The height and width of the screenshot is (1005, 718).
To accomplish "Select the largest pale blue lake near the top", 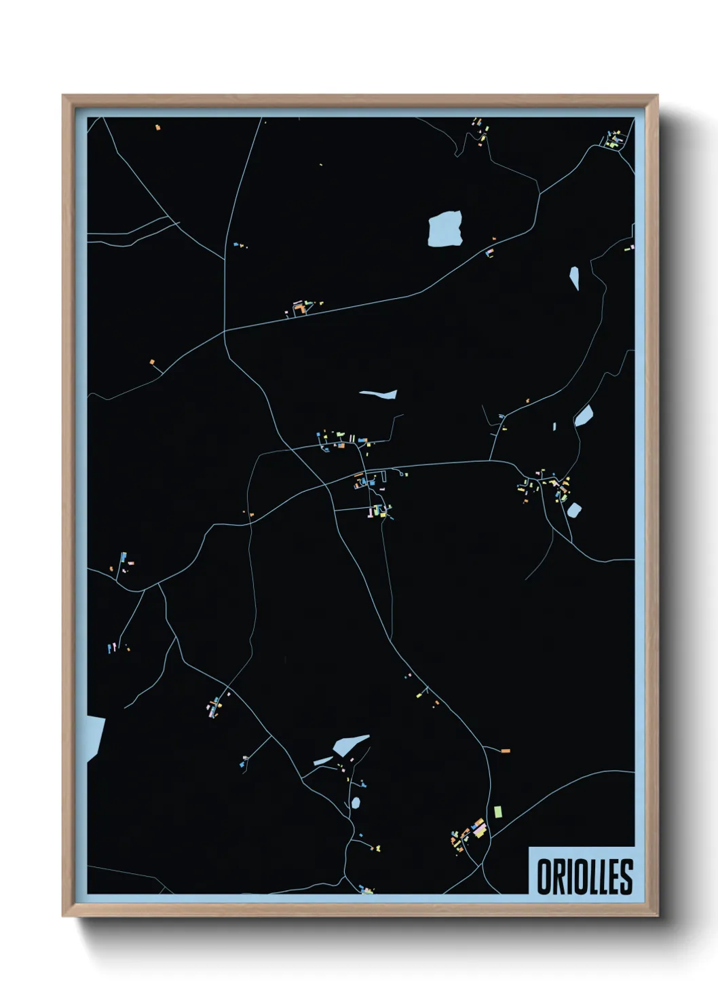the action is [x=445, y=228].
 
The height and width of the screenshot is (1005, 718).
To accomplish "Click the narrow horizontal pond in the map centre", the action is [x=378, y=394].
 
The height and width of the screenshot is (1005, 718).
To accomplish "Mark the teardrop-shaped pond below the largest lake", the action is [x=574, y=277].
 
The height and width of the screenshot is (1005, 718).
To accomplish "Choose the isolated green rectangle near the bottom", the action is [x=498, y=811].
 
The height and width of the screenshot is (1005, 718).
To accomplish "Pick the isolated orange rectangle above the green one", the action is [x=504, y=750].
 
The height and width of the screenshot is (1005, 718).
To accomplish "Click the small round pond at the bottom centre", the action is [x=356, y=803].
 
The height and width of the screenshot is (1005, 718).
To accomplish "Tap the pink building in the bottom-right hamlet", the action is [x=479, y=828].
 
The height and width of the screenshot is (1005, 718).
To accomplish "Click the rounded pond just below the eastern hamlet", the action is [x=574, y=509].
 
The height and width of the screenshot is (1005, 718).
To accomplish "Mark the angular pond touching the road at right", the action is [x=584, y=415].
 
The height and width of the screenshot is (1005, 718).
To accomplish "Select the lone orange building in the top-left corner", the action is [x=157, y=127].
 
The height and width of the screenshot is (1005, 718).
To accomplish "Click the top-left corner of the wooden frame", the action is [x=63, y=96].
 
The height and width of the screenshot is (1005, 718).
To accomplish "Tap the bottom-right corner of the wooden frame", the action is [x=657, y=915].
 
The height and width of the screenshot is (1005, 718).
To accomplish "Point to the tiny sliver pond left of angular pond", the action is [x=554, y=426].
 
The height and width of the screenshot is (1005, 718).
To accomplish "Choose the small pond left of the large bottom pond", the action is [x=322, y=761].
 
